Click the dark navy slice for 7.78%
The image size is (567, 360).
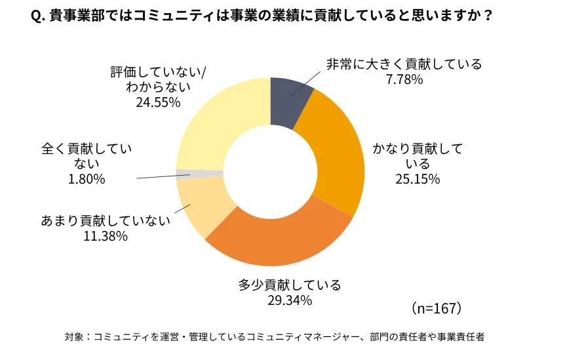(288, 102)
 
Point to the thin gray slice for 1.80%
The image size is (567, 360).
(200, 174)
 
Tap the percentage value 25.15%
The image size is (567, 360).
(417, 178)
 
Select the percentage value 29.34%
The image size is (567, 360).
(289, 300)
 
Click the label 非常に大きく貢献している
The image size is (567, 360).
(404, 64)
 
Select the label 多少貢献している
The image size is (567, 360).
(289, 285)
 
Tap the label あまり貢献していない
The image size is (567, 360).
(106, 220)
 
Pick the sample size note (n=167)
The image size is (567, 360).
(437, 308)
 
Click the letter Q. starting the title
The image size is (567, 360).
(37, 16)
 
